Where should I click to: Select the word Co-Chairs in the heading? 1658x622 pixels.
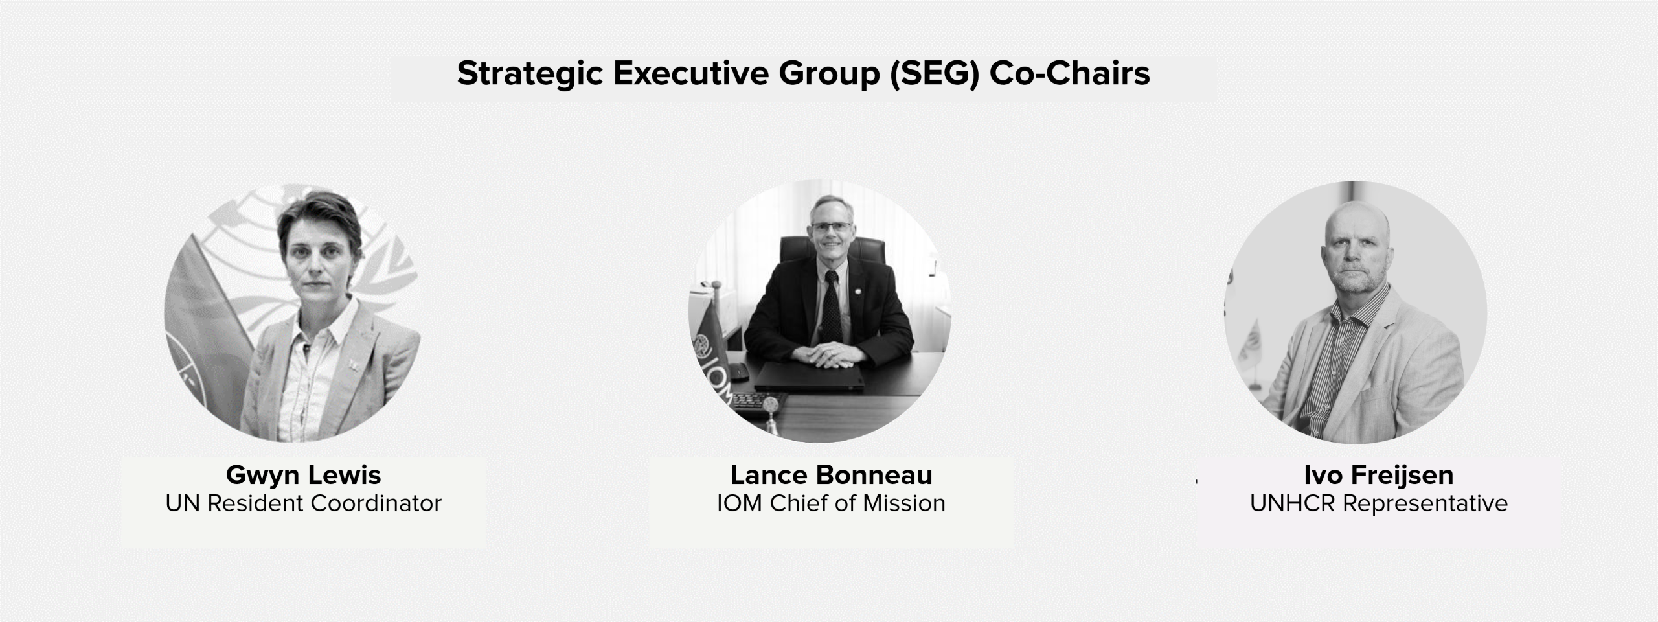click(1070, 73)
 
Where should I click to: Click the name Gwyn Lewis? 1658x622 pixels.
click(303, 476)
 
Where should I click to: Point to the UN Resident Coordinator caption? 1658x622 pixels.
click(303, 503)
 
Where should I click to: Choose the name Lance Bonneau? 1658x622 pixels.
click(831, 475)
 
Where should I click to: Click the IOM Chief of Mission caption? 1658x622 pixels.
click(831, 503)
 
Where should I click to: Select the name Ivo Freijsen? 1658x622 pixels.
click(1379, 476)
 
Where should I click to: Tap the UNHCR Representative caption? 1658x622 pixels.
click(1379, 504)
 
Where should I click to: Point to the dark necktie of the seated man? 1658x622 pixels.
click(832, 308)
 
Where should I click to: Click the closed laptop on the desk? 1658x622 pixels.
click(810, 376)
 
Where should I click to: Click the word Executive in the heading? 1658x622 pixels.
click(691, 74)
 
